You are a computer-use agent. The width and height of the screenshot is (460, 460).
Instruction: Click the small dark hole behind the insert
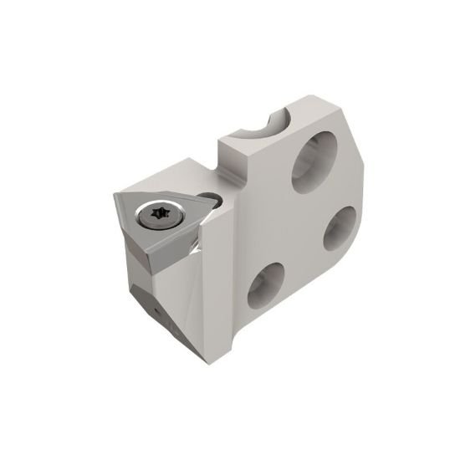click(216, 200)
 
